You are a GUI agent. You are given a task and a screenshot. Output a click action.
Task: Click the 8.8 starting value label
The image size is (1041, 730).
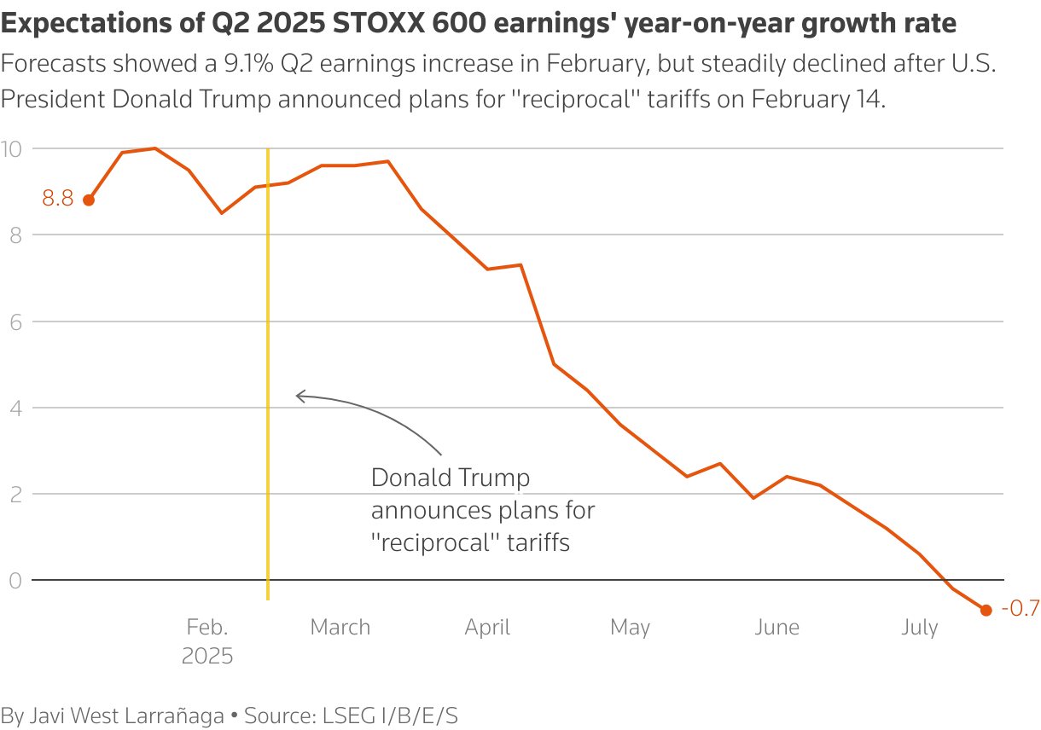(x=58, y=200)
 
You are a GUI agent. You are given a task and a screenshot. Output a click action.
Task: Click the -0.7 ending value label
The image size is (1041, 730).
(x=1020, y=609)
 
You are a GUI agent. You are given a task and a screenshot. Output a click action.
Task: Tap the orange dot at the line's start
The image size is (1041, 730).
(x=89, y=200)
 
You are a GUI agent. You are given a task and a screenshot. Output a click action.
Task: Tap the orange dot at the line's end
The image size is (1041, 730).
(x=986, y=610)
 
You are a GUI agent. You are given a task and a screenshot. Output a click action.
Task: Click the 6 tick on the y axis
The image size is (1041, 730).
(x=14, y=322)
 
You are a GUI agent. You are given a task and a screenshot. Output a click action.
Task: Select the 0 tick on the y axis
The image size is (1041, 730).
(x=14, y=581)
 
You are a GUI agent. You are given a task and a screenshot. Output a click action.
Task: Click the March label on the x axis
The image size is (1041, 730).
(x=340, y=628)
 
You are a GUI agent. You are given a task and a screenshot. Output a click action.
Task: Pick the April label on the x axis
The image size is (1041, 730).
(x=487, y=628)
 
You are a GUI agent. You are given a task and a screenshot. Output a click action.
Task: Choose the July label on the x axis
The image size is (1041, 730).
(x=919, y=628)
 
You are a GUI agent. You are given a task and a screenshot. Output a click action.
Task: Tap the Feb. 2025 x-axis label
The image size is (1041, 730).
(x=207, y=641)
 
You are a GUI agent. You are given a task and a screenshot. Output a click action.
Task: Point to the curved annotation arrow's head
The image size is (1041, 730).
(x=298, y=395)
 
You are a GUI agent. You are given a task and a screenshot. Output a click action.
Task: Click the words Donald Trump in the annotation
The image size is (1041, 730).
(x=450, y=478)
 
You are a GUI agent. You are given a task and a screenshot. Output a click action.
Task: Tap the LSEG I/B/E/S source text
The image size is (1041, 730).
(x=389, y=716)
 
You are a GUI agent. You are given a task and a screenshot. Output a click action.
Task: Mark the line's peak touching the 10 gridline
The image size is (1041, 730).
(x=154, y=148)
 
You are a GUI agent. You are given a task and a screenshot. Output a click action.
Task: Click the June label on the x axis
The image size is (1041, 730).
(x=776, y=628)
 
